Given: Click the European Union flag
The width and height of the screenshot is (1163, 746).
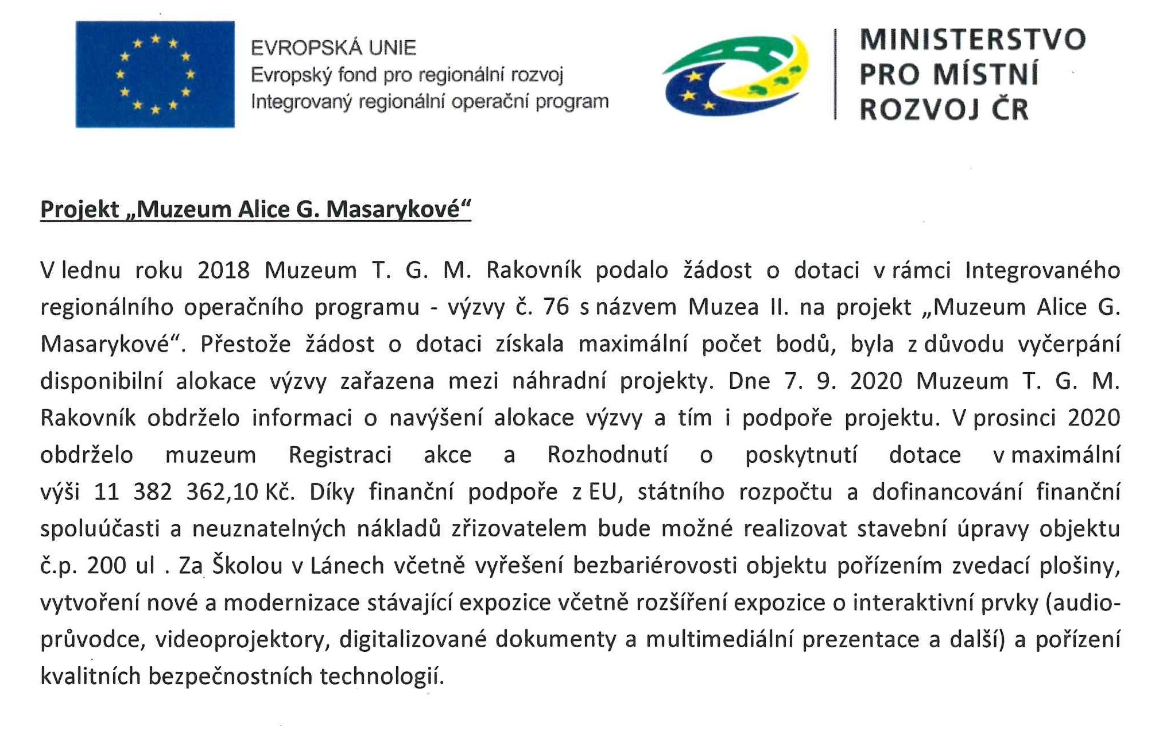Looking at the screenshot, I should [155, 74].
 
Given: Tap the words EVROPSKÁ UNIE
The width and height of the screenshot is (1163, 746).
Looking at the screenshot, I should [334, 48].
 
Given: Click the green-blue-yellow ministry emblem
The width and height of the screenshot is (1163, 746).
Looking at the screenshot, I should [736, 75].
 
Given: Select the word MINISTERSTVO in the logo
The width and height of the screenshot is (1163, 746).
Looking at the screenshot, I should [972, 40].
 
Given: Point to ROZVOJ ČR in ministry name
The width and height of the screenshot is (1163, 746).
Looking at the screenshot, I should [944, 109].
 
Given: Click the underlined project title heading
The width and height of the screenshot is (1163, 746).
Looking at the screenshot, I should [255, 210].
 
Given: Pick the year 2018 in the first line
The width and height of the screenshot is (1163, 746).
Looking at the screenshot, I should [223, 270].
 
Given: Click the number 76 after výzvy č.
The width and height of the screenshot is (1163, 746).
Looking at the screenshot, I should [556, 307].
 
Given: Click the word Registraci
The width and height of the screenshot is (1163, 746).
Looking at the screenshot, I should [340, 455].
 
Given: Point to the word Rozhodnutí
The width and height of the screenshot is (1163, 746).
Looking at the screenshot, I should [607, 455].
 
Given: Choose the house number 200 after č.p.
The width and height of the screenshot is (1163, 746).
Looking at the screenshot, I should [106, 566].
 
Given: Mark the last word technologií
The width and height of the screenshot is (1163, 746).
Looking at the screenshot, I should [382, 677].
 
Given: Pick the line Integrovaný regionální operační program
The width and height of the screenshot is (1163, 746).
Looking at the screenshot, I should [429, 102].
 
